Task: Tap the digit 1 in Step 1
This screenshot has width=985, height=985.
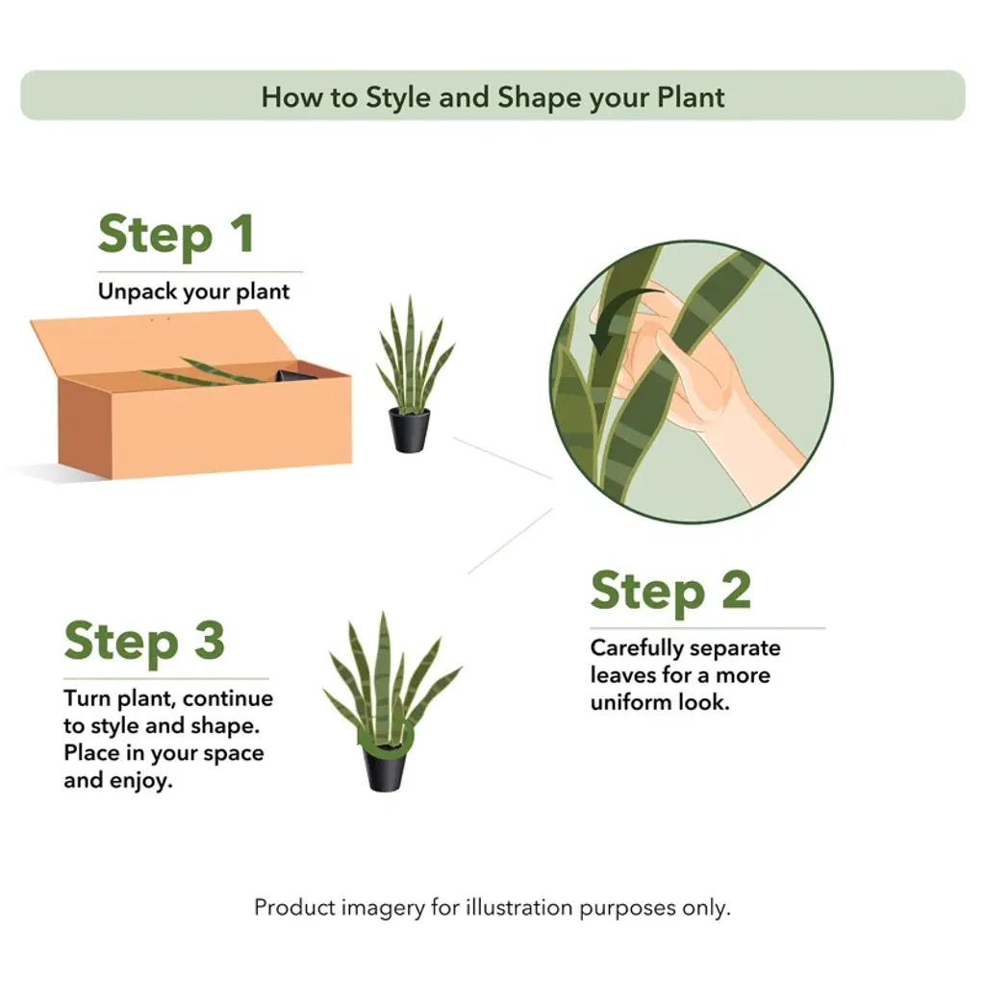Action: (242, 234)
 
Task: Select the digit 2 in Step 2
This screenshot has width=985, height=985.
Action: (736, 590)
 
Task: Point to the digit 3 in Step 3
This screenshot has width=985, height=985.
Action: (209, 640)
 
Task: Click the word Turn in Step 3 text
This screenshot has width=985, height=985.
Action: (88, 698)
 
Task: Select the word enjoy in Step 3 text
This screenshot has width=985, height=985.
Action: (140, 781)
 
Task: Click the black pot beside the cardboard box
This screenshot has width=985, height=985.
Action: (410, 430)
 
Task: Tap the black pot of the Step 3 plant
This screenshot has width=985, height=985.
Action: (385, 768)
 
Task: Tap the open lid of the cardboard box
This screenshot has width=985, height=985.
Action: (162, 343)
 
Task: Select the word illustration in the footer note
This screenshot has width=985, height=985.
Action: (518, 908)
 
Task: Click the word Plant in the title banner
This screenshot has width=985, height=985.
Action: (691, 97)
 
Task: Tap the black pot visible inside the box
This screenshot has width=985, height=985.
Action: (294, 375)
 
